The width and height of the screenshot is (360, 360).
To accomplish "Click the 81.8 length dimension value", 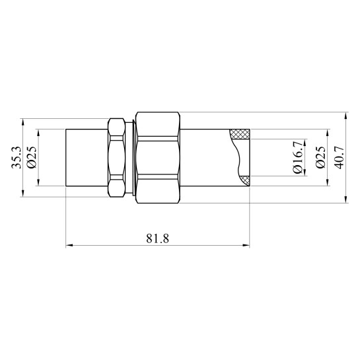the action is [x=157, y=238].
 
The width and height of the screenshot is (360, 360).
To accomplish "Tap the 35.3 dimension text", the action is [x=17, y=158].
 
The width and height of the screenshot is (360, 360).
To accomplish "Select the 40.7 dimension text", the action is [x=340, y=158].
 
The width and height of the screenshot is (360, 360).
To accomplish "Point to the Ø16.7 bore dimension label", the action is [x=298, y=157].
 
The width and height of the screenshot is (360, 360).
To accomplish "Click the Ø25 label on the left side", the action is [x=32, y=157].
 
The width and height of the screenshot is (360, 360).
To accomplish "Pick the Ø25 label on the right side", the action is [x=321, y=157].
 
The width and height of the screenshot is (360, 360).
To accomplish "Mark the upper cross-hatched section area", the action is [x=240, y=134].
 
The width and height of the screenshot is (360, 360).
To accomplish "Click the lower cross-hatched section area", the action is [x=245, y=180].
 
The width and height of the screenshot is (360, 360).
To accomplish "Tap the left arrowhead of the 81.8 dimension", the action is [x=69, y=246].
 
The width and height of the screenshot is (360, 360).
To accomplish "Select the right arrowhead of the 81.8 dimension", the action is [x=246, y=246].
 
